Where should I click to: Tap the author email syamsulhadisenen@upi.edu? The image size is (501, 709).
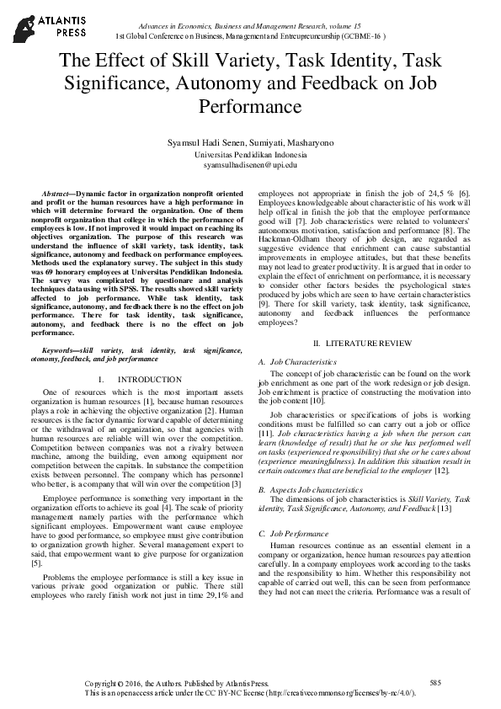pos(250,166)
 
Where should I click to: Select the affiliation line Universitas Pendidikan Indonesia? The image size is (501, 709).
pos(250,156)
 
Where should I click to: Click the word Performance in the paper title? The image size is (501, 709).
pos(250,108)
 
